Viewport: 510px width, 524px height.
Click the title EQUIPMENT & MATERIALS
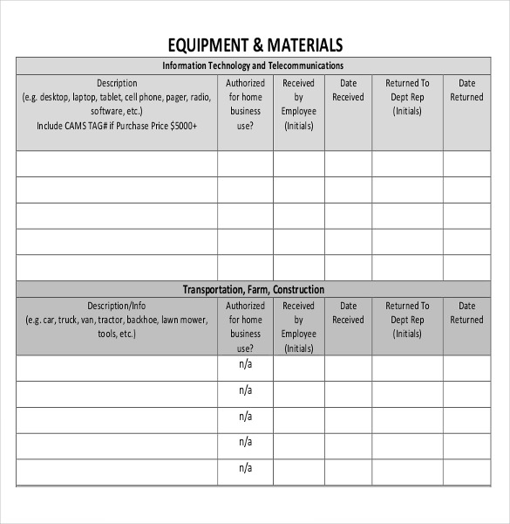(254, 45)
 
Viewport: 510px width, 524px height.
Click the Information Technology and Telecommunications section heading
(254, 65)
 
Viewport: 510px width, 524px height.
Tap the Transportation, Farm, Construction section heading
(254, 289)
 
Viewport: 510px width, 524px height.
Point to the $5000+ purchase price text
(180, 126)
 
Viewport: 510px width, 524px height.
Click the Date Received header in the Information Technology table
(348, 90)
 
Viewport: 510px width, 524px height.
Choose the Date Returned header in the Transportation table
(466, 313)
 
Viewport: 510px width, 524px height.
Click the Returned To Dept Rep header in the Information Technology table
(407, 97)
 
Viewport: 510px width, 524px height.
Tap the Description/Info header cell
(117, 306)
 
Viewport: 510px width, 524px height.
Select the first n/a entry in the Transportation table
(245, 365)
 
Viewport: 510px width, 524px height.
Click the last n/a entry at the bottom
(245, 469)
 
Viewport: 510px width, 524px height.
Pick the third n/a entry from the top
(245, 417)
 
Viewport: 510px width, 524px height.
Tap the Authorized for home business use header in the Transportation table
(245, 327)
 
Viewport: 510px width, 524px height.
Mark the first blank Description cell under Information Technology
(117, 163)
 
